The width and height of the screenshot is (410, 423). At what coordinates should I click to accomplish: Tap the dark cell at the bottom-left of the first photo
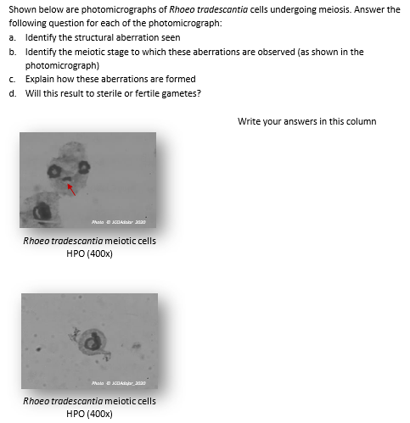[40, 209]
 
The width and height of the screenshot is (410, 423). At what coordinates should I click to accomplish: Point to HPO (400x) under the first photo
[89, 253]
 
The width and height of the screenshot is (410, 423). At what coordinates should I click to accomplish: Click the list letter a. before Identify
[12, 38]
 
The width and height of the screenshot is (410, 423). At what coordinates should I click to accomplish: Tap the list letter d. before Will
[12, 92]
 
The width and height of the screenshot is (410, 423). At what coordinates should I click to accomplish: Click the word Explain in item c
[41, 79]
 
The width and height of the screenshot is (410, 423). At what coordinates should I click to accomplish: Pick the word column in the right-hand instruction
[361, 121]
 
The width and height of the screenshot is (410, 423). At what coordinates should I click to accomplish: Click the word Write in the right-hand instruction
[249, 121]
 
